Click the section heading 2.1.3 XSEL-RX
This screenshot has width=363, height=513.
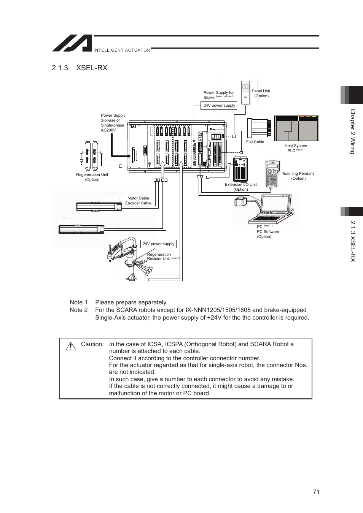pos(80,68)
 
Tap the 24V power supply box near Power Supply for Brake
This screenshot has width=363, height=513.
pos(219,106)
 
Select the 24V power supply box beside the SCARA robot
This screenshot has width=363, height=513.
pos(158,244)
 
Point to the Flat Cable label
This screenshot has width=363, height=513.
pos(255,142)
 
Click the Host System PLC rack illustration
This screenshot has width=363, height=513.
pos(296,128)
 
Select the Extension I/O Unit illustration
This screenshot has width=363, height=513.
pos(240,169)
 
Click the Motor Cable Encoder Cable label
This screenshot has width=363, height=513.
pos(138,201)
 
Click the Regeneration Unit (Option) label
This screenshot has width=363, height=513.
pos(92,177)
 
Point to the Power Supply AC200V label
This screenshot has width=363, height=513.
pos(113,123)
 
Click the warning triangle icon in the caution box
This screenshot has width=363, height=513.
pos(70,346)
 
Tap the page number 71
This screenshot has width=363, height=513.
pos(316,492)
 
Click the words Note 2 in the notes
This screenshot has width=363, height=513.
pos(79,310)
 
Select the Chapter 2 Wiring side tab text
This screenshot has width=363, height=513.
pos(352,131)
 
